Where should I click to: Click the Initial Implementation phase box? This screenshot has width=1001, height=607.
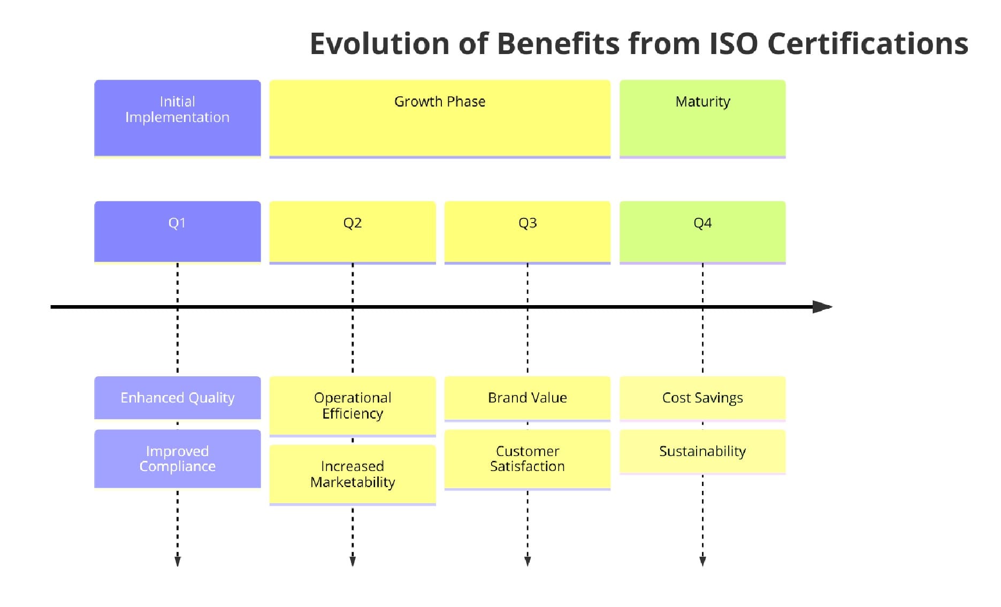[177, 118]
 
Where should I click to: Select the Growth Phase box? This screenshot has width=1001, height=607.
[439, 118]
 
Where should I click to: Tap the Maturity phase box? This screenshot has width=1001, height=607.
[702, 118]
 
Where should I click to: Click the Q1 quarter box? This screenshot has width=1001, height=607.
[177, 232]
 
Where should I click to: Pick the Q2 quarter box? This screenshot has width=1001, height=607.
[352, 232]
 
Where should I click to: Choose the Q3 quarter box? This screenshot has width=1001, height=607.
[527, 232]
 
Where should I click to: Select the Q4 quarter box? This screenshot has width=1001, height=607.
[702, 232]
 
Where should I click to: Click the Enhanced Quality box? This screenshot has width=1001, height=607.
[177, 398]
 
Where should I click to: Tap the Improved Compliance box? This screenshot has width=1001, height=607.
[177, 459]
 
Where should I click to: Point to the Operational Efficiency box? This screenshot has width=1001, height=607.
[352, 406]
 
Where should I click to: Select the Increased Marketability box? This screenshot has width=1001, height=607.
[352, 474]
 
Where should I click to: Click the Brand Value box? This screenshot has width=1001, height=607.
[527, 398]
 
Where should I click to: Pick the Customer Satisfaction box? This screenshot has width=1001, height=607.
[527, 459]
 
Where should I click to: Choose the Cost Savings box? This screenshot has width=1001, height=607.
[702, 398]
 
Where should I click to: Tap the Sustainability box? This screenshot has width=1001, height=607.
[702, 451]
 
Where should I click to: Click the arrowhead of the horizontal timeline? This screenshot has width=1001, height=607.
[823, 307]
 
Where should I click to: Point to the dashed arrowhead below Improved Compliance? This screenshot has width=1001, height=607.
[178, 561]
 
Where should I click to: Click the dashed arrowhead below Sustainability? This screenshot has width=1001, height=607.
[702, 561]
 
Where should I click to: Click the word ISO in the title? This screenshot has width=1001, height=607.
[733, 43]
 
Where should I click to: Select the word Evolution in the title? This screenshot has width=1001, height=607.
[379, 43]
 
